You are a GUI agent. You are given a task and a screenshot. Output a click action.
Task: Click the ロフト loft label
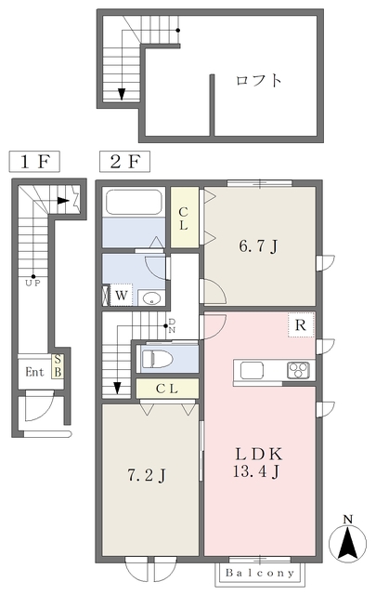(x=259, y=81)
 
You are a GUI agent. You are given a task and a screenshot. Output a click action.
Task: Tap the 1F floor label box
(x=34, y=162)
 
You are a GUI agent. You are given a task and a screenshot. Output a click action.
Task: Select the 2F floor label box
(x=124, y=162)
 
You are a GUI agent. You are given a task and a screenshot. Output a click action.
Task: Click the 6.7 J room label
(x=258, y=246)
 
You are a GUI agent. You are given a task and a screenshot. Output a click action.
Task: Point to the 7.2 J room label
(x=147, y=474)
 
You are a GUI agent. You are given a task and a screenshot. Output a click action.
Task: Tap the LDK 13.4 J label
(x=258, y=463)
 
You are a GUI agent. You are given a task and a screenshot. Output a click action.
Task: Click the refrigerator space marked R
(x=301, y=324)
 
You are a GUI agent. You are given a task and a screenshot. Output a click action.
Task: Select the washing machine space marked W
(x=121, y=295)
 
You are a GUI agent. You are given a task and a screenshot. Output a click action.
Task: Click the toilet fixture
(x=157, y=359)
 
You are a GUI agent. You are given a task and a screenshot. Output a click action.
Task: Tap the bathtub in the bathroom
(x=134, y=203)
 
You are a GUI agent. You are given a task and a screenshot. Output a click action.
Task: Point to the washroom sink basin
(x=151, y=297)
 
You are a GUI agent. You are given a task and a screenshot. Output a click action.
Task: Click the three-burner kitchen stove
(x=298, y=370)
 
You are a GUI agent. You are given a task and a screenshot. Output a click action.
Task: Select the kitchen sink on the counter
(x=252, y=370)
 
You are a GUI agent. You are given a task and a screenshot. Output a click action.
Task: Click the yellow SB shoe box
(x=58, y=365)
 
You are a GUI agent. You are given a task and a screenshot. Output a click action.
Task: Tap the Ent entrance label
(x=34, y=372)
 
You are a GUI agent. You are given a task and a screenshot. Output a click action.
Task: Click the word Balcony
(x=260, y=573)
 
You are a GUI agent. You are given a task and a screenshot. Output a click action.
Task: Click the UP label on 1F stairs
(x=32, y=283)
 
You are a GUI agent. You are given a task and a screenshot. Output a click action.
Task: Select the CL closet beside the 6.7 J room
(x=184, y=218)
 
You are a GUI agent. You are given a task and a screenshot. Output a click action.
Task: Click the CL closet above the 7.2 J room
(x=167, y=389)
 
